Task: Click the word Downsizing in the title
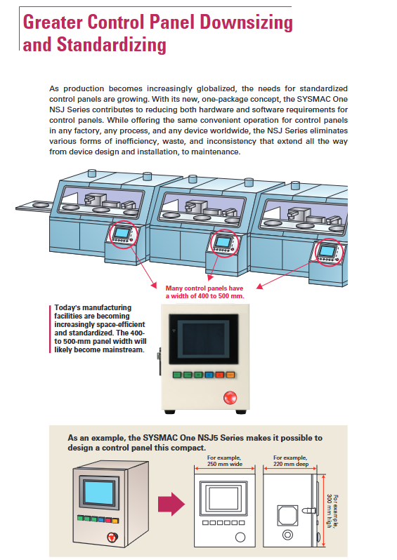[x=246, y=23]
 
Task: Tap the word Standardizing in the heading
[x=112, y=46]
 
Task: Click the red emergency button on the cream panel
[x=230, y=397]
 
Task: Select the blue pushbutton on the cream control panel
[x=209, y=375]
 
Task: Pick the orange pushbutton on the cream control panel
[x=230, y=375]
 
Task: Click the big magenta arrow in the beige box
[x=171, y=505]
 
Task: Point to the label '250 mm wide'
[x=225, y=464]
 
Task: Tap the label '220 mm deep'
[x=291, y=464]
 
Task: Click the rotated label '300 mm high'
[x=330, y=511]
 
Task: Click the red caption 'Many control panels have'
[x=204, y=288]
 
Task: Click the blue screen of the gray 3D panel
[x=99, y=492]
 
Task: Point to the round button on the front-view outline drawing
[x=240, y=537]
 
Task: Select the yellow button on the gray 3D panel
[x=115, y=521]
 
